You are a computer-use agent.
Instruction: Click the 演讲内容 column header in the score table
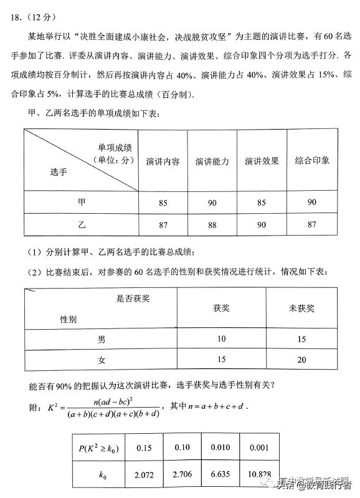(163, 161)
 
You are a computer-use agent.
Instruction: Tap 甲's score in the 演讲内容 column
(163, 203)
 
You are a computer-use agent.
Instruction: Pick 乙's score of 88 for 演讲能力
(212, 224)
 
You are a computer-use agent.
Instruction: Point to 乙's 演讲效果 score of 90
(262, 224)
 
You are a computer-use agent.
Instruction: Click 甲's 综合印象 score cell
(312, 202)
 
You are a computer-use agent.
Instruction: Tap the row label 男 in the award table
(102, 339)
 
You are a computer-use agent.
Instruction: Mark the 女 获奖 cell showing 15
(222, 360)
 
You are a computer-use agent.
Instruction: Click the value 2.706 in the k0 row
(183, 475)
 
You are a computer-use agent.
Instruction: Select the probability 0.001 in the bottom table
(259, 447)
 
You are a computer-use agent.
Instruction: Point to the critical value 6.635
(221, 475)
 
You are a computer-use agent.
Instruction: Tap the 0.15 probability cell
(144, 447)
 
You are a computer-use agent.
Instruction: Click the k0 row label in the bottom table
(102, 475)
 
